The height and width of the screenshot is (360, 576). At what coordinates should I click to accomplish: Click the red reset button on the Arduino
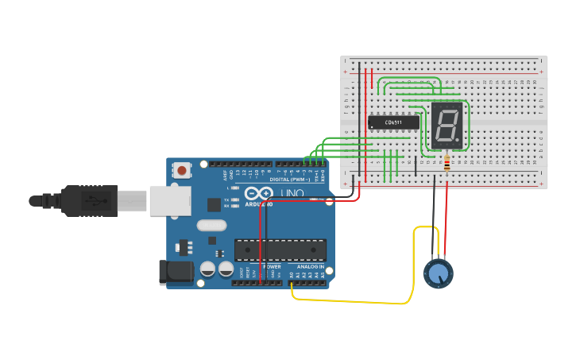tap(183, 169)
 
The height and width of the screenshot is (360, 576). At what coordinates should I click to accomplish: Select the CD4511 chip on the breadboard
tap(393, 122)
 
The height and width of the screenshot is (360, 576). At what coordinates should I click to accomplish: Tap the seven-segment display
tap(446, 125)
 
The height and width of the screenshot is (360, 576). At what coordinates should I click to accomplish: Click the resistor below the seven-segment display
tap(446, 163)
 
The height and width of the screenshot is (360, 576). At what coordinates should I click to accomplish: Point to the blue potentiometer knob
tap(437, 274)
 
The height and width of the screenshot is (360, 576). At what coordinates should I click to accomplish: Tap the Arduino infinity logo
tap(258, 193)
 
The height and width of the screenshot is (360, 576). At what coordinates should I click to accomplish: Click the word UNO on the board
tap(294, 193)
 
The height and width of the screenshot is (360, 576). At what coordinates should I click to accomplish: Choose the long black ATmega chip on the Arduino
tap(280, 250)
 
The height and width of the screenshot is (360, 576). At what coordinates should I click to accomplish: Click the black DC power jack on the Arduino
tap(176, 272)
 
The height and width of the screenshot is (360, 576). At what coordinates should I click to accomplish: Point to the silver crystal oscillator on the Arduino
tap(211, 225)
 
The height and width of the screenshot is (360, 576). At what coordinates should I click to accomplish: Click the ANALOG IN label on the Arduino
tap(310, 266)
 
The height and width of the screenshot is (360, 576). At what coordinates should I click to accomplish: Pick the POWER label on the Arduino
tap(272, 266)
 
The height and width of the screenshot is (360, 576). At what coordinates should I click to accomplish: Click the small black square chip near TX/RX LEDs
tap(214, 204)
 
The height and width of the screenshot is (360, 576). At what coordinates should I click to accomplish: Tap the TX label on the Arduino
tap(226, 199)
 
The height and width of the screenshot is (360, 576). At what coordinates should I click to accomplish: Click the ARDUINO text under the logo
tap(259, 204)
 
